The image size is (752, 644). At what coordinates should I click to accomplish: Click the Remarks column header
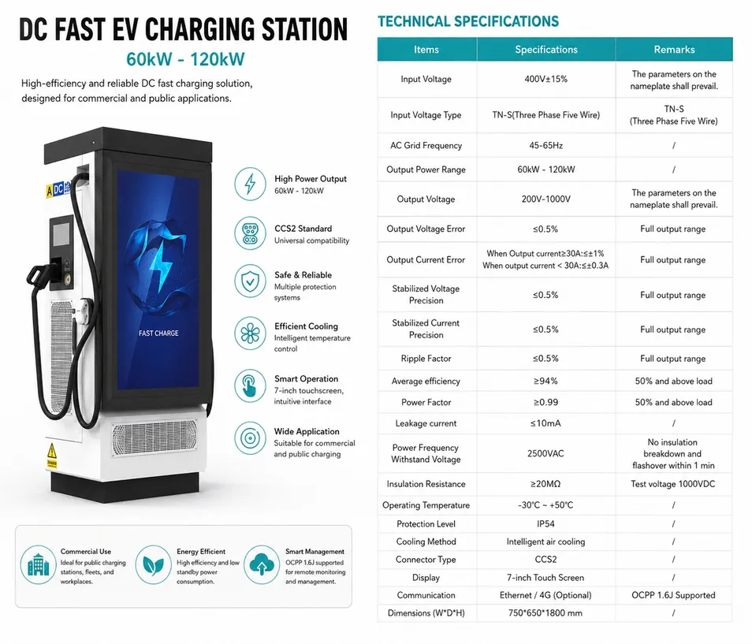[x=674, y=50]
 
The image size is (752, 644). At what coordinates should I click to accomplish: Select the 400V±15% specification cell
[x=545, y=79]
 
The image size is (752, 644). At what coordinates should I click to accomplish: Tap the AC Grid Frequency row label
[x=426, y=145]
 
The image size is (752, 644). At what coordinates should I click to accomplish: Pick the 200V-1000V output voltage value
[x=545, y=199]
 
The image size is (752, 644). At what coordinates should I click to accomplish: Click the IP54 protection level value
[x=545, y=523]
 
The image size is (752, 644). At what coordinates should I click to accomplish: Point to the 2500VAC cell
[x=545, y=453]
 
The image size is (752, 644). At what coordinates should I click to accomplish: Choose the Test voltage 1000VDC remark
[x=673, y=484]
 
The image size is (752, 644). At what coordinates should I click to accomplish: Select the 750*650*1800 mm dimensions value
[x=545, y=612]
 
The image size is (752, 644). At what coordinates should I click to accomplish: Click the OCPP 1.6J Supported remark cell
[x=673, y=595]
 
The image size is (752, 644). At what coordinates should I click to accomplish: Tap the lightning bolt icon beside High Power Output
[x=250, y=184]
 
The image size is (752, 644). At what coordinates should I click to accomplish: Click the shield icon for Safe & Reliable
[x=250, y=281]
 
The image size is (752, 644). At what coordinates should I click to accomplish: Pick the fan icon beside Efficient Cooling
[x=250, y=333]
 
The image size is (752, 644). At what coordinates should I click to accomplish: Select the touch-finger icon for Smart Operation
[x=250, y=385]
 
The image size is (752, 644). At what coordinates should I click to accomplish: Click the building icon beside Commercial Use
[x=39, y=564]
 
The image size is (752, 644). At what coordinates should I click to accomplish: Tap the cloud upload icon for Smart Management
[x=262, y=564]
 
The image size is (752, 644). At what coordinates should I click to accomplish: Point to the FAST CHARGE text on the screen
[x=158, y=333]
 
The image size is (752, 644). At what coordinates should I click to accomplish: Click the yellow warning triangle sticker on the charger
[x=51, y=451]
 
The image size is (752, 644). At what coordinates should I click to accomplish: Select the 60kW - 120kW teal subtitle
[x=185, y=59]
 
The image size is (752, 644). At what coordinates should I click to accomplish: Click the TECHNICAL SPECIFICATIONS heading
[x=468, y=21]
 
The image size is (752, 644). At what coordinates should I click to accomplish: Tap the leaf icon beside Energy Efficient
[x=153, y=564]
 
